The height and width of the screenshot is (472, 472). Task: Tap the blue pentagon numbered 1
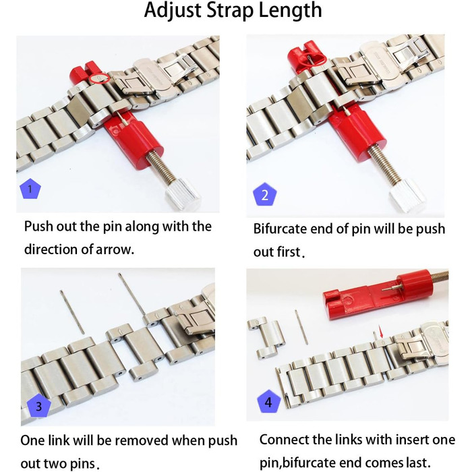30,189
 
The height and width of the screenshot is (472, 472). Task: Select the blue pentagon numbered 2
264,195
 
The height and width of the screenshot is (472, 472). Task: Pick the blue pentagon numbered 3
39,405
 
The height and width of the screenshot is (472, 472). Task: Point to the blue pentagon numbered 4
268,402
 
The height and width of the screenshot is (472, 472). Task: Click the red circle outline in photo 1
99,78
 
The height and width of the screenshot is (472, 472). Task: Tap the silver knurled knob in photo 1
183,194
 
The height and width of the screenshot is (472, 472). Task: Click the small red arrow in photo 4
382,332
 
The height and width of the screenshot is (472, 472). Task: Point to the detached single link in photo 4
266,337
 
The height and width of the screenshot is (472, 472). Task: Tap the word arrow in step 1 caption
113,250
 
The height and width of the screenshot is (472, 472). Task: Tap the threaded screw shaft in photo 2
383,164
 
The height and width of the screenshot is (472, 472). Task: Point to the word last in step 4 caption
414,463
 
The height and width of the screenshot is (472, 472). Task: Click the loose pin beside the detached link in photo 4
301,327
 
